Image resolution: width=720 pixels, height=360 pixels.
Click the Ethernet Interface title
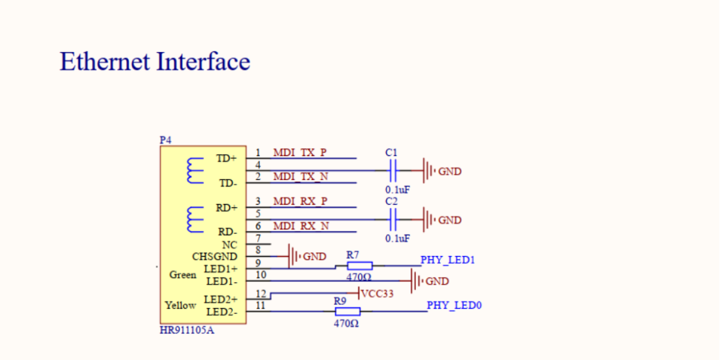155,61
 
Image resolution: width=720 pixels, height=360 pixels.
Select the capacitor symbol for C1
393,171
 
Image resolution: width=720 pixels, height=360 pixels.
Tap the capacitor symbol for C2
393,219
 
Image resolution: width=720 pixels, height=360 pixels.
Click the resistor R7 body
359,266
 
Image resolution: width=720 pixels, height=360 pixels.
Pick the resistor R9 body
347,311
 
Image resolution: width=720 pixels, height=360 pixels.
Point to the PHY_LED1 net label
447,260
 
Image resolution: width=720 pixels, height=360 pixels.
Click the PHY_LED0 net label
454,305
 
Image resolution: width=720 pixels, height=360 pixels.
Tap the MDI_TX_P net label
299,153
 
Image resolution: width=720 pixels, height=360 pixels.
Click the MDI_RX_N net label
301,226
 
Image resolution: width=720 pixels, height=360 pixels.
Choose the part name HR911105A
187,331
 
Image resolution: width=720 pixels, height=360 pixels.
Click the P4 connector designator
165,140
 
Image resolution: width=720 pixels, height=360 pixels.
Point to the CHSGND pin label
215,257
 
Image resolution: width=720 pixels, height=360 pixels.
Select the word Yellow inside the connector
181,305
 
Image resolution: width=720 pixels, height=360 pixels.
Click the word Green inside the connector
183,275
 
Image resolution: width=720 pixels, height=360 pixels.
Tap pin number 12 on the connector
261,294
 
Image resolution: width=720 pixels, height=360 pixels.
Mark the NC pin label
229,245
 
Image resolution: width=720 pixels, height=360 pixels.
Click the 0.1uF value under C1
397,189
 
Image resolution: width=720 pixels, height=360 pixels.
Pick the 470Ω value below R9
347,323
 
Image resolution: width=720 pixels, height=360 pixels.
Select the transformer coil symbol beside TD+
195,171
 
